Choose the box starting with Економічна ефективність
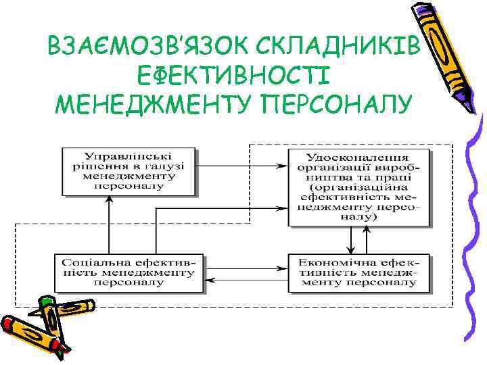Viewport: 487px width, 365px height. pos(359,272)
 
